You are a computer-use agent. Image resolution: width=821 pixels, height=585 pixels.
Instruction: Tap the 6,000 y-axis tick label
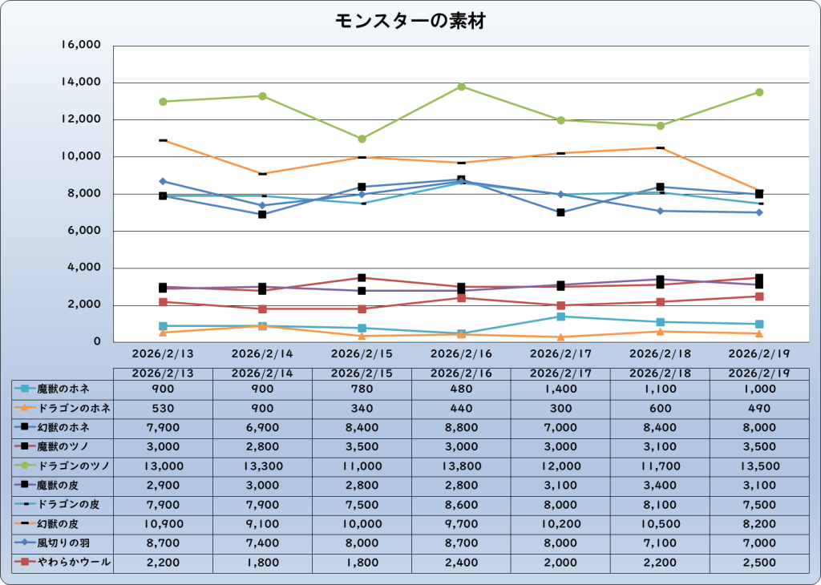click(x=81, y=231)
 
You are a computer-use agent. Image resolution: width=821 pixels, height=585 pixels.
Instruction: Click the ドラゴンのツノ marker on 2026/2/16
click(x=461, y=87)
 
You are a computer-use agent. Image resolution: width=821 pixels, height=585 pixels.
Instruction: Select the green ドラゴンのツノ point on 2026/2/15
click(x=362, y=139)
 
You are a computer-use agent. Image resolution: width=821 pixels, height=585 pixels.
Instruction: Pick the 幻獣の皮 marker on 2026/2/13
click(x=163, y=140)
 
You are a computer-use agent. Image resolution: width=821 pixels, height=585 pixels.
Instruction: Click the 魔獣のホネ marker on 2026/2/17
click(x=560, y=317)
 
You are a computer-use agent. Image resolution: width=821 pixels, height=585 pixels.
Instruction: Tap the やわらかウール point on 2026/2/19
click(x=759, y=297)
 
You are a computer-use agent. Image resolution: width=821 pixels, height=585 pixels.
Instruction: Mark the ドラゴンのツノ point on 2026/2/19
click(x=759, y=92)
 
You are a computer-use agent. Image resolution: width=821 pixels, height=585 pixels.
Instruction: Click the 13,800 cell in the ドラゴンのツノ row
click(x=461, y=466)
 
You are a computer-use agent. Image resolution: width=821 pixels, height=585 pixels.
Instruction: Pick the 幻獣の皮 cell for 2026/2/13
click(x=163, y=524)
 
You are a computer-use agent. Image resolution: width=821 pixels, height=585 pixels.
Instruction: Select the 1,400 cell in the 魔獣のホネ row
click(x=560, y=389)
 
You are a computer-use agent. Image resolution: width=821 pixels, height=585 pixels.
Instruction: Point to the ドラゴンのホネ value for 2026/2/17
click(x=560, y=408)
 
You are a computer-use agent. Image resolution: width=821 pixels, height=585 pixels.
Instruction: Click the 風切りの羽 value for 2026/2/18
click(x=660, y=543)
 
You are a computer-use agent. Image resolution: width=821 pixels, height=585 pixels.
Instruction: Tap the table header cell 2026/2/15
click(x=362, y=373)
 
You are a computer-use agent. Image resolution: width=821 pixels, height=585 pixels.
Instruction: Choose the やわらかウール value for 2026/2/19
click(x=759, y=563)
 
